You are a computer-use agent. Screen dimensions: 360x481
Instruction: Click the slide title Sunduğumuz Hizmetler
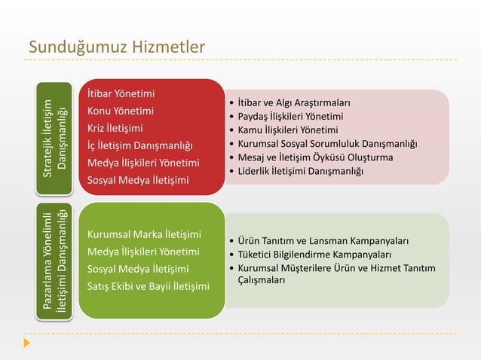click(117, 48)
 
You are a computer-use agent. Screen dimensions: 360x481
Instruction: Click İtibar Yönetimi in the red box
click(121, 94)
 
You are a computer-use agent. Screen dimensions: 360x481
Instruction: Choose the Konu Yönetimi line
click(121, 111)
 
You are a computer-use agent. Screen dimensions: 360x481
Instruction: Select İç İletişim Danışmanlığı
click(140, 145)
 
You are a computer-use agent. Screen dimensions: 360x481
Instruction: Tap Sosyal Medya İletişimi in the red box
click(138, 180)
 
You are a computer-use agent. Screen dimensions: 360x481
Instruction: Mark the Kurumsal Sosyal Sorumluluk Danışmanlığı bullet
click(327, 144)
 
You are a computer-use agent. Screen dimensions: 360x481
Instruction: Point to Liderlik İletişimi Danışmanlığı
click(299, 172)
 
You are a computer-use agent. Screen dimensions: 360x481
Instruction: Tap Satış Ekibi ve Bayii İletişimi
click(149, 285)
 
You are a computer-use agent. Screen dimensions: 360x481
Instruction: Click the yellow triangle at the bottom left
click(28, 343)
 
